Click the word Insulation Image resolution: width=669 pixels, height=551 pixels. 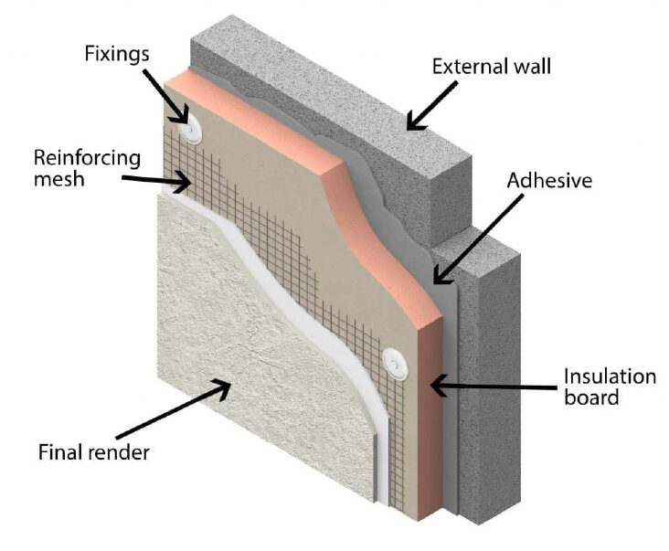coord(610,376)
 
